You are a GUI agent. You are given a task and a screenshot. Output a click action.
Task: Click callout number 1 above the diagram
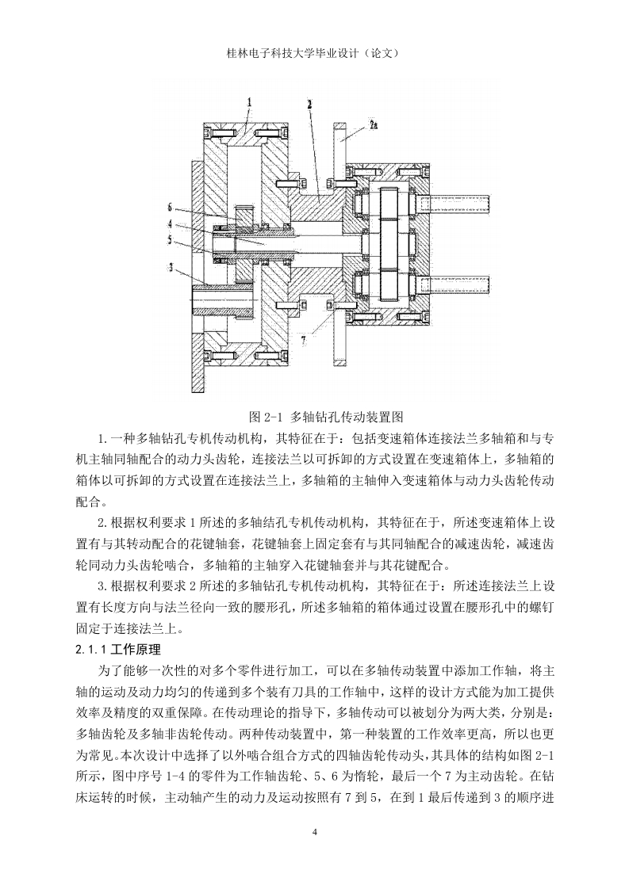pyautogui.click(x=249, y=102)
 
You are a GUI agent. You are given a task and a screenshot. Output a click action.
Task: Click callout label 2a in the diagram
pyautogui.click(x=373, y=124)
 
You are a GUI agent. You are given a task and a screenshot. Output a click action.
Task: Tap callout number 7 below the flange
pyautogui.click(x=304, y=340)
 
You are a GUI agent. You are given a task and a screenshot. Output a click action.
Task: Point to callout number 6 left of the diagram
pyautogui.click(x=169, y=207)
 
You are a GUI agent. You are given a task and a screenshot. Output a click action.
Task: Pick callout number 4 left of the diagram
pyautogui.click(x=169, y=224)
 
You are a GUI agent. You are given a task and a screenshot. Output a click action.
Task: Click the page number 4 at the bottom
pyautogui.click(x=315, y=832)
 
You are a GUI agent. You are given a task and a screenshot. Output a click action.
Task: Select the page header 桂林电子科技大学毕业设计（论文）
pyautogui.click(x=314, y=53)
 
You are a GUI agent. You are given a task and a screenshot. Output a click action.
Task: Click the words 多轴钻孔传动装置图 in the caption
pyautogui.click(x=347, y=417)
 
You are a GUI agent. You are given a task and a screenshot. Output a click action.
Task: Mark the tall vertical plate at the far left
pyautogui.click(x=197, y=274)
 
